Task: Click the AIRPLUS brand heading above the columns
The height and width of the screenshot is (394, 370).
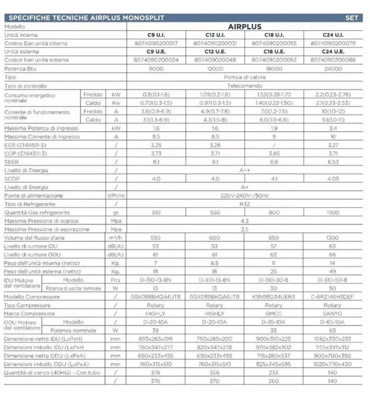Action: pos(244,27)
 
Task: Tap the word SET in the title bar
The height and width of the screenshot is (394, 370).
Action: pos(351,18)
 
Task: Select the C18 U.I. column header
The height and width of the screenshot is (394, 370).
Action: pos(274,35)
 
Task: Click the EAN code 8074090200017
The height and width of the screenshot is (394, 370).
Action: pos(156,43)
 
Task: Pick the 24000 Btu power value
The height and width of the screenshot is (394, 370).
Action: pos(333,69)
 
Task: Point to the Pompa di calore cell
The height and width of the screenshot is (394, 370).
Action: pos(244,77)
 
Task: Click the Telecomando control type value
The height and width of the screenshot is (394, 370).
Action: pos(244,86)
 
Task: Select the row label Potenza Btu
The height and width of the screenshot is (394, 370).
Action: pos(20,69)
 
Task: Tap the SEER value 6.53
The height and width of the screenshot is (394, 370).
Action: pos(333,162)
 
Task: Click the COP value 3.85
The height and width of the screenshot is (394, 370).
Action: pos(274,153)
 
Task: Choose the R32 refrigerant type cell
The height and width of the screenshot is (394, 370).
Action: pos(244,204)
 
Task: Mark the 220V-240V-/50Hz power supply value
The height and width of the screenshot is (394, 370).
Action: pos(244,196)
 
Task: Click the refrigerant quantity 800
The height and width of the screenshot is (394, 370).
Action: pos(274,212)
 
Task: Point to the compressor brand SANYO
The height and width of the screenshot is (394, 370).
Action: pos(332,314)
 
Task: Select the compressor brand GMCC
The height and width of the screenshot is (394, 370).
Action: pos(274,314)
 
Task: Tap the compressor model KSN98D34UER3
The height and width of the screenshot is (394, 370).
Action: pos(274,297)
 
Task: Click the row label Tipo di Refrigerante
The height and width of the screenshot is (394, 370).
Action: pos(30,204)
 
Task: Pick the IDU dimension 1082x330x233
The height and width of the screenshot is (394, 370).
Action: pos(332,339)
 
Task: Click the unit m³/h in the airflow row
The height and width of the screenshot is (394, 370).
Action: pos(116,238)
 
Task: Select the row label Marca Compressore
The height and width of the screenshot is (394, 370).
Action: pos(29,314)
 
